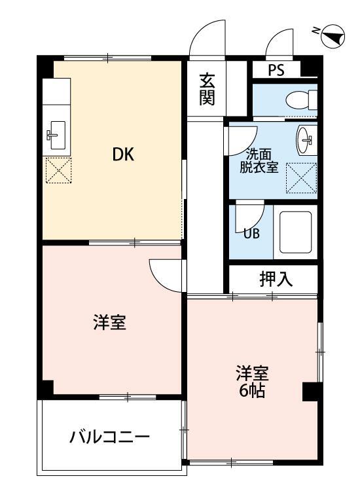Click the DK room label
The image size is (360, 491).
[123, 155]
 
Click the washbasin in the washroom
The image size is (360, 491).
[306, 139]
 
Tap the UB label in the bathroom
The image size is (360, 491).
[251, 232]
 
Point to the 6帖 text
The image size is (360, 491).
[253, 393]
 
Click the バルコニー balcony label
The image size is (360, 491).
[110, 437]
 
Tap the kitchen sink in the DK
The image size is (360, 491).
[56, 136]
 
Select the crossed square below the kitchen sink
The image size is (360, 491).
[57, 172]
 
